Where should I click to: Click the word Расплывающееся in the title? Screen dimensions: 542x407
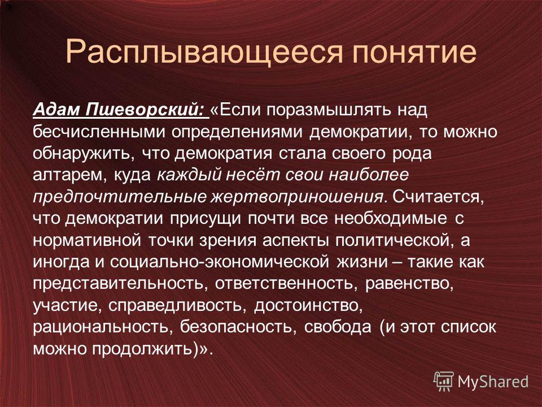(x=204, y=52)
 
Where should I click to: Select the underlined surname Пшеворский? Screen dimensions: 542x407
(x=145, y=110)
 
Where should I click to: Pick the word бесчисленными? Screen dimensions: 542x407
(x=98, y=132)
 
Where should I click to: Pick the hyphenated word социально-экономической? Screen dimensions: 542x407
(x=220, y=262)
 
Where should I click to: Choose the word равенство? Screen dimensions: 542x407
(x=409, y=284)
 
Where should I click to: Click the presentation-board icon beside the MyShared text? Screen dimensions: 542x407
(x=444, y=382)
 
